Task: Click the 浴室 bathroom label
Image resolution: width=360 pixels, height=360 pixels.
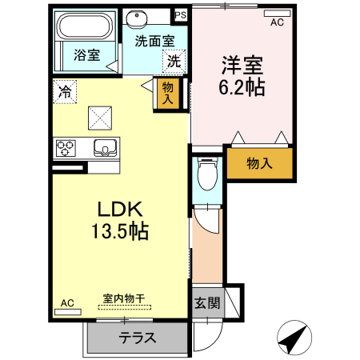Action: click(86, 55)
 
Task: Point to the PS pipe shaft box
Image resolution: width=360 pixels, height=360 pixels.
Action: click(181, 14)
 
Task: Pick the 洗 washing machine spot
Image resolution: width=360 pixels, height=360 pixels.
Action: click(174, 60)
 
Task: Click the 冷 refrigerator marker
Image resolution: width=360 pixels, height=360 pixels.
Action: click(64, 90)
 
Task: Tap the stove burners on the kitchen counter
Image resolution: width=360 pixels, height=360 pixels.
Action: click(66, 147)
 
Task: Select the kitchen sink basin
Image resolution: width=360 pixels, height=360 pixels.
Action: click(105, 147)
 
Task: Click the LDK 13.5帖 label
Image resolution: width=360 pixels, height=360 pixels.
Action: click(120, 219)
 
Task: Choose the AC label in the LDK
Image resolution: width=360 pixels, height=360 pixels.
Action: click(67, 302)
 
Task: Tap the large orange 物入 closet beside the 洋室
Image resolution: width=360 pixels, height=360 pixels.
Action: click(258, 163)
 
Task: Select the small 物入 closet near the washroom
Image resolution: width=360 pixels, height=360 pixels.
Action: click(167, 93)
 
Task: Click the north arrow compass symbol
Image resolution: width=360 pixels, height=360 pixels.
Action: click(295, 338)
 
